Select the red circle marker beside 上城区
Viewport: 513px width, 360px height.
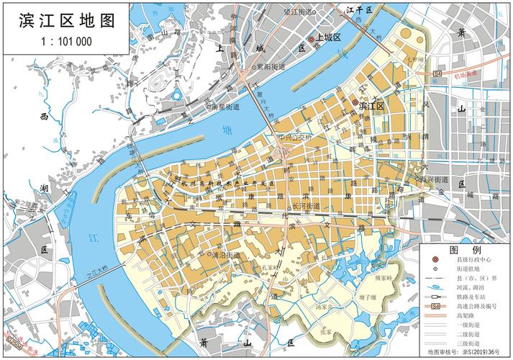(x=312, y=39)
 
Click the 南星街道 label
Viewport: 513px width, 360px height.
(x=227, y=107)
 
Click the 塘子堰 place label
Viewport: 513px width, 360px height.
(x=368, y=295)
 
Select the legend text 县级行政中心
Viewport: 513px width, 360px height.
(x=473, y=259)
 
